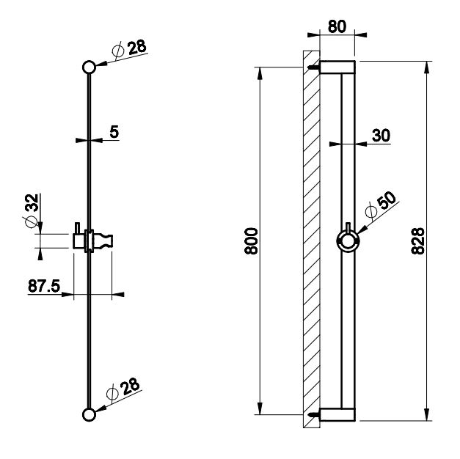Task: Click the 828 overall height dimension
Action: click(417, 240)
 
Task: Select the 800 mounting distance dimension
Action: click(251, 240)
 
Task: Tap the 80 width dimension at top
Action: click(337, 26)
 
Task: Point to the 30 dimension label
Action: click(381, 136)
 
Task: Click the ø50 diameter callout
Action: click(381, 205)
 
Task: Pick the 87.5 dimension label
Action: click(44, 286)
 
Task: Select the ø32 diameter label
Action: click(32, 210)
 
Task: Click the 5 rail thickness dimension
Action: click(114, 132)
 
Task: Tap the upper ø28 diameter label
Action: click(129, 48)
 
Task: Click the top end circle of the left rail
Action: click(90, 67)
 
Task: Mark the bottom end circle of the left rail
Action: click(90, 415)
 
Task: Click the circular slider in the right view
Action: click(348, 241)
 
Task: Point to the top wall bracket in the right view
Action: click(337, 67)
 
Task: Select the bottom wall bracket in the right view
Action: click(337, 415)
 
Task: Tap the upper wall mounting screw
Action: click(313, 67)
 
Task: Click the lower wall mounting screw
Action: click(313, 415)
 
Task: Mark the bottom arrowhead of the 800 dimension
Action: click(260, 408)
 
